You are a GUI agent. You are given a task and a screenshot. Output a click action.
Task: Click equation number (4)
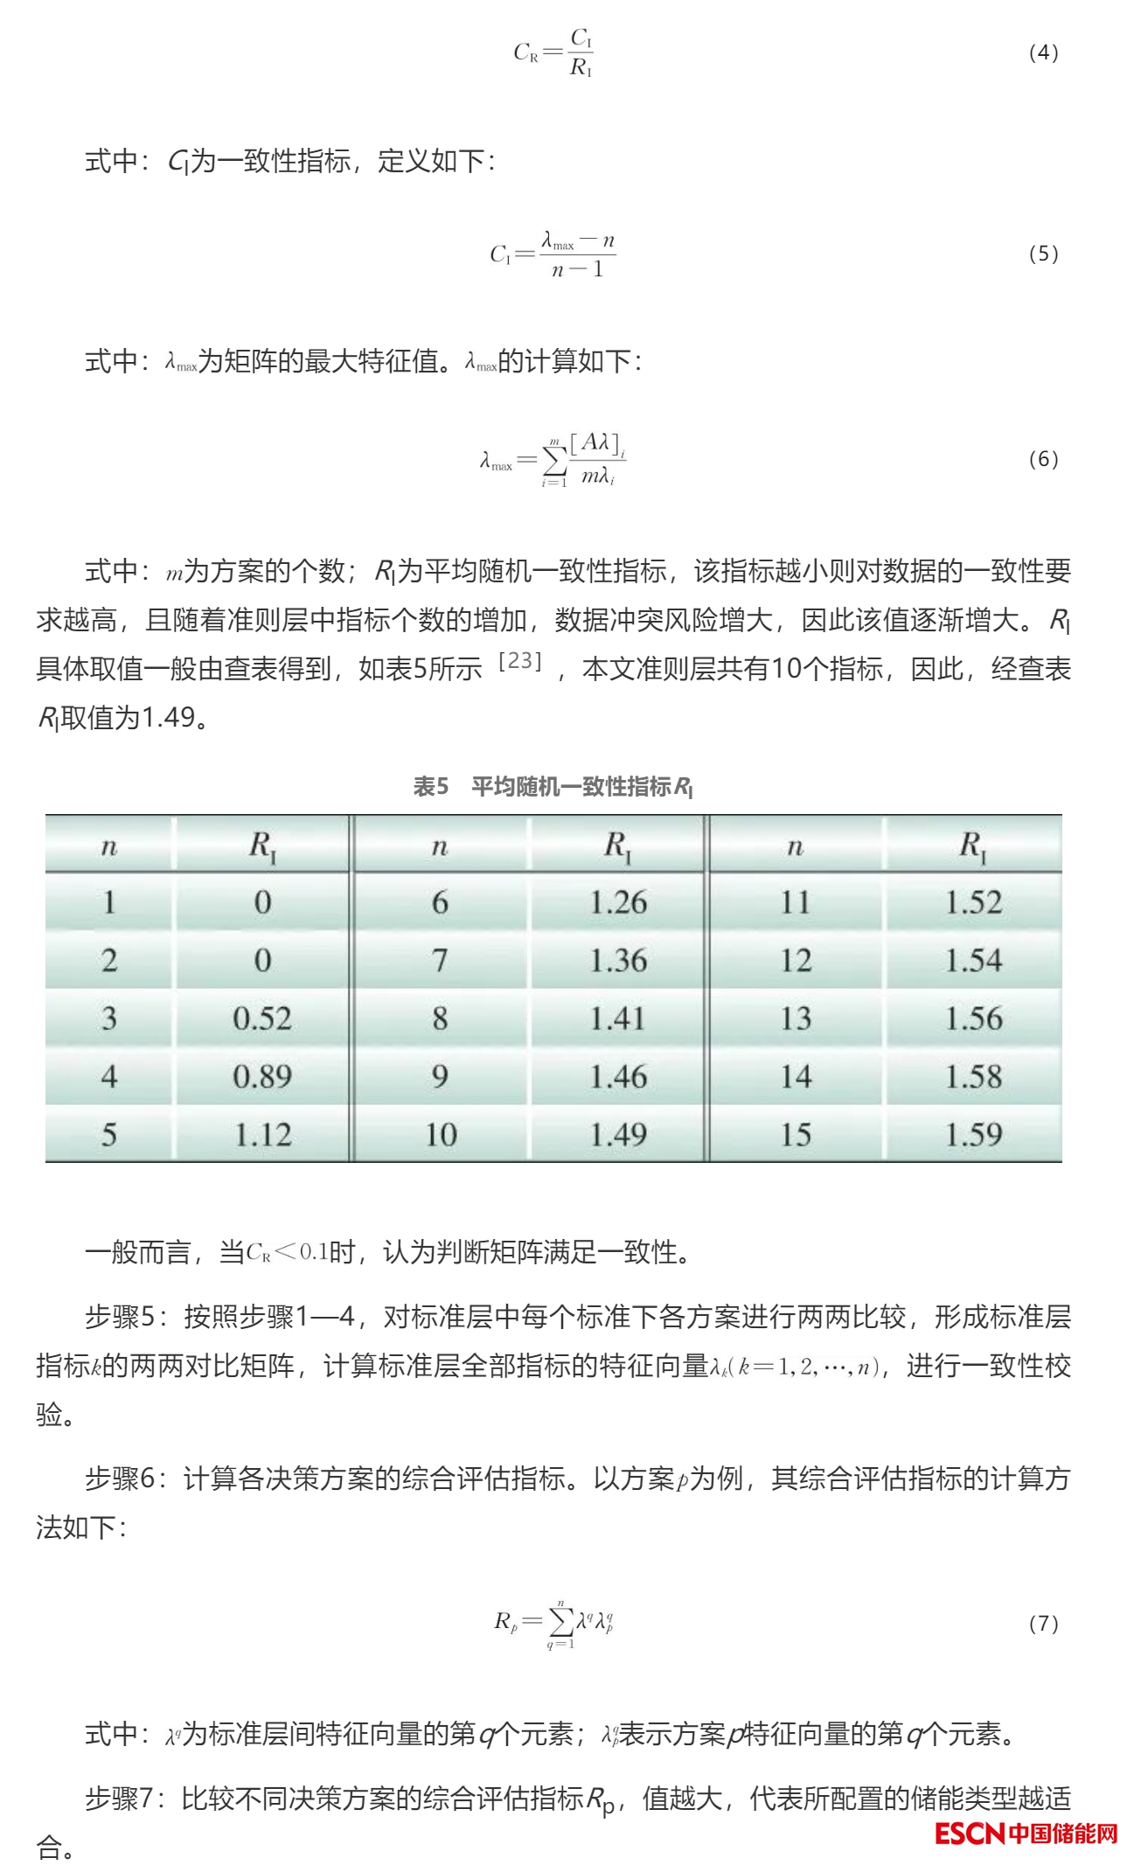(x=1043, y=52)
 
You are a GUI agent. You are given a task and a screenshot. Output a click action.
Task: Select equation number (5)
(x=1043, y=254)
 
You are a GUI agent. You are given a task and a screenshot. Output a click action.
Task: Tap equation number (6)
(x=1043, y=459)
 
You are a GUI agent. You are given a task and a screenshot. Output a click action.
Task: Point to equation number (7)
(x=1043, y=1624)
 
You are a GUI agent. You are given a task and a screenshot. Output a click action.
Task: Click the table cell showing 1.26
(x=618, y=902)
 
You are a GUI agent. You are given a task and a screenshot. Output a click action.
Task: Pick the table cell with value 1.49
(x=618, y=1134)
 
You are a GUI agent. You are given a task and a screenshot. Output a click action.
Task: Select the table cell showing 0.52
(x=262, y=1019)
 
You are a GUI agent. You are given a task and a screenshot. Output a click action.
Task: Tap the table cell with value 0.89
(x=262, y=1076)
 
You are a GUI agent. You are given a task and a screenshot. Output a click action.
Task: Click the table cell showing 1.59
(x=973, y=1134)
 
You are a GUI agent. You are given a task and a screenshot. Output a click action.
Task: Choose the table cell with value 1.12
(x=262, y=1134)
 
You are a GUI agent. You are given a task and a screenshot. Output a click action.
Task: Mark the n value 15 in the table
(x=796, y=1134)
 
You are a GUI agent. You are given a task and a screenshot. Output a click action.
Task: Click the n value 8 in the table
(x=440, y=1019)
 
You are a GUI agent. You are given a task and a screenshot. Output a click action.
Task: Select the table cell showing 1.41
(x=618, y=1019)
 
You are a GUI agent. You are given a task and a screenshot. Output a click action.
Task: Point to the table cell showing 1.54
(x=973, y=960)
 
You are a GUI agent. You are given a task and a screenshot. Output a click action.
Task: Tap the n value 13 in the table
(x=796, y=1019)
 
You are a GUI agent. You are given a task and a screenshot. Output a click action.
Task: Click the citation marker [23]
(x=520, y=661)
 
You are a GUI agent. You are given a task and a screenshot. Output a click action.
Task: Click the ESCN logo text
(x=970, y=1833)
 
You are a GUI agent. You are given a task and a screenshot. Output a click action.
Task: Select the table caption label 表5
(x=430, y=787)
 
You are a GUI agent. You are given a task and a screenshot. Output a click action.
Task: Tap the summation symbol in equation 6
(x=553, y=460)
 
